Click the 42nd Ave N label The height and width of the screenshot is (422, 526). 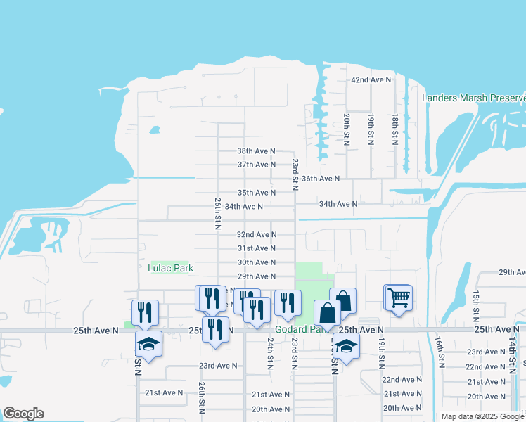click(371, 80)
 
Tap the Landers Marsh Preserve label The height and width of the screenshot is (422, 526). click(473, 98)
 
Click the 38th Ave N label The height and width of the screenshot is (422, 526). click(256, 151)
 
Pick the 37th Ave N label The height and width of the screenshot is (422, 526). click(256, 165)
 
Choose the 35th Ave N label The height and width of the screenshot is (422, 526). click(256, 193)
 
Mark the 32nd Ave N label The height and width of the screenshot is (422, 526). click(256, 234)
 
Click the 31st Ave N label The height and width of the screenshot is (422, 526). click(256, 248)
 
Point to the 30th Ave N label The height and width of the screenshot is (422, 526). click(256, 262)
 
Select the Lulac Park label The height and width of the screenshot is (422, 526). click(170, 268)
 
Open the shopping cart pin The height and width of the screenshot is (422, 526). click(398, 298)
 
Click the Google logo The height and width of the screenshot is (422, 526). click(23, 414)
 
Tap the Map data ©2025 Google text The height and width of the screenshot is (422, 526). click(482, 416)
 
